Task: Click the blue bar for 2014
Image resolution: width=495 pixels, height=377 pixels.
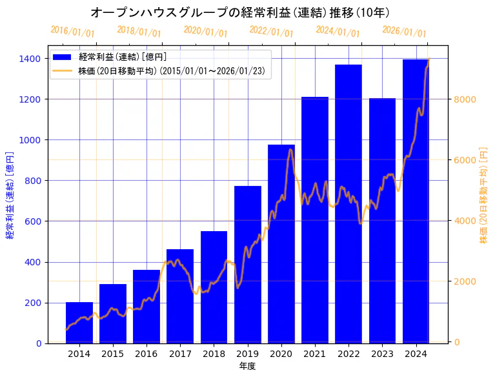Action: [79, 322]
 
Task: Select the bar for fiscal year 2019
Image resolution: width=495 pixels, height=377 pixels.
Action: [248, 265]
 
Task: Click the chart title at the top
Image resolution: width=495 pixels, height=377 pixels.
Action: [240, 12]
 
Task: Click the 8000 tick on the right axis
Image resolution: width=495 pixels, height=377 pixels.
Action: [465, 99]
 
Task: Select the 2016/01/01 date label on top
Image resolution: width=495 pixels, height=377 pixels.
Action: [72, 32]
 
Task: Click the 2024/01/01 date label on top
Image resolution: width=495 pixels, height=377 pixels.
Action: [338, 32]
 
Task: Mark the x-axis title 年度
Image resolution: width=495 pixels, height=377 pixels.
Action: [247, 366]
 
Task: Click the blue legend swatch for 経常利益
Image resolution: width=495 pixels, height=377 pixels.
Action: [63, 57]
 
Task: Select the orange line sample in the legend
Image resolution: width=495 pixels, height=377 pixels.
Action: [63, 70]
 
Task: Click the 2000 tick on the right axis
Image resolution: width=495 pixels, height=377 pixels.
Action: [465, 281]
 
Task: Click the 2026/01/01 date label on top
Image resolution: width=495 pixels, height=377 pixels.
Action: [404, 32]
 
